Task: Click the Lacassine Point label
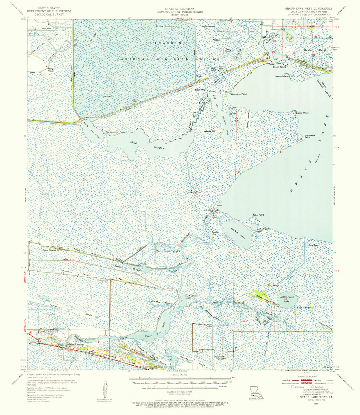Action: [x=239, y=94]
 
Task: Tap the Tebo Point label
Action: [x=258, y=215]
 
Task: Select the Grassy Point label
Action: [x=302, y=113]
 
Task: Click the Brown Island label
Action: [x=279, y=67]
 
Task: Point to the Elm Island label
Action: [x=273, y=285]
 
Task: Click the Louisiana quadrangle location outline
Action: [x=255, y=395]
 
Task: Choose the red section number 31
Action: [x=244, y=322]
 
